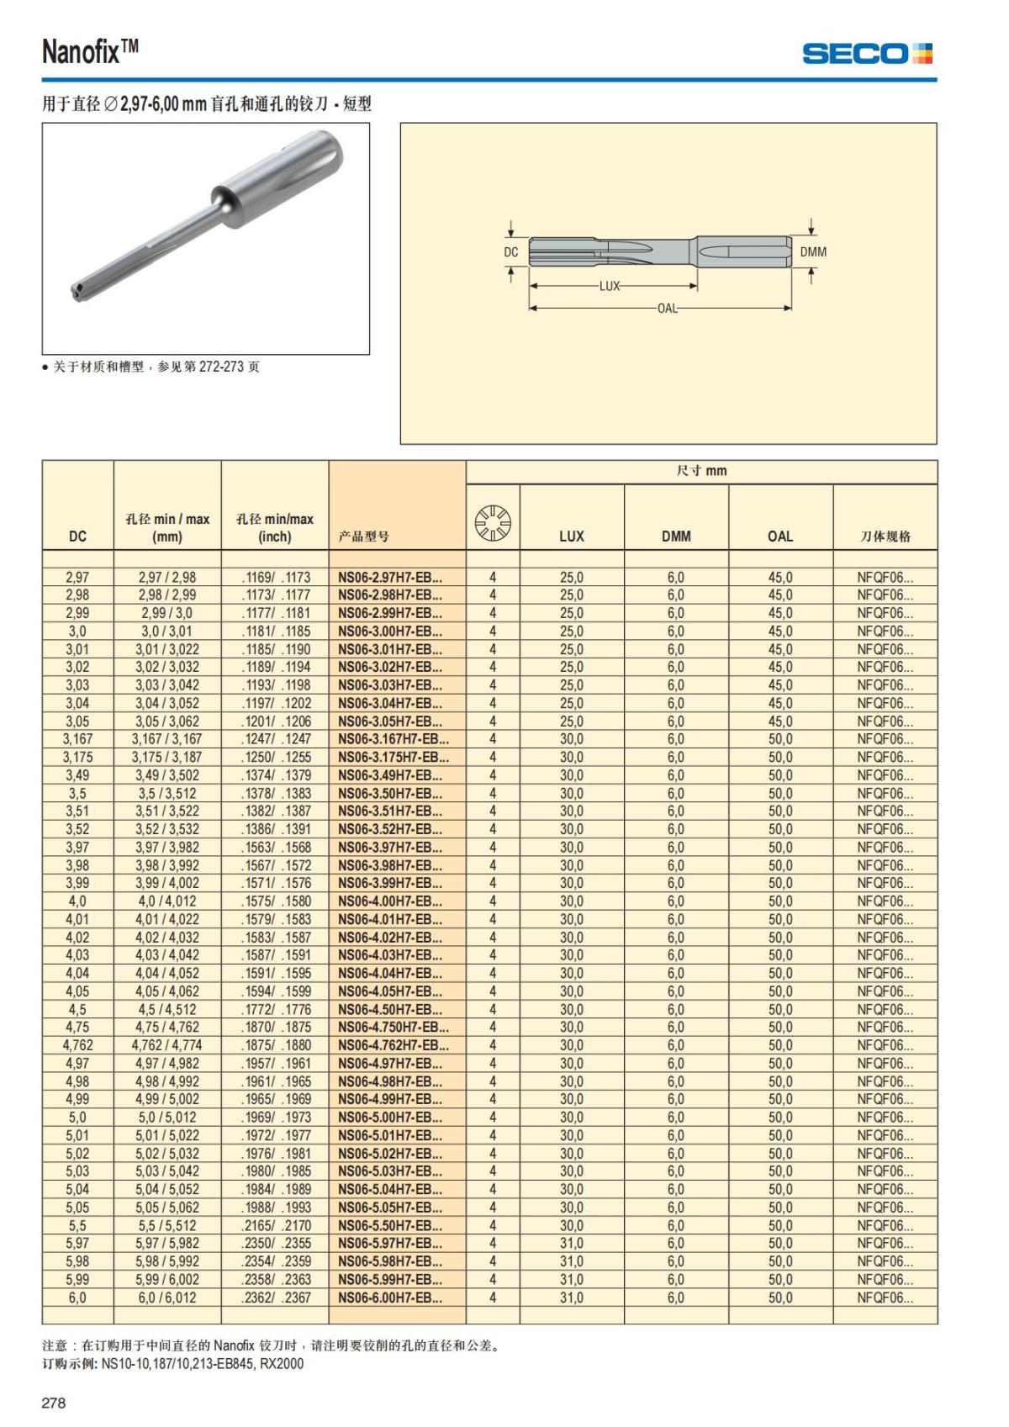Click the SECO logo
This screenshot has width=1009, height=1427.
tap(868, 54)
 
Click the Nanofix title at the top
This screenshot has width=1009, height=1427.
tap(90, 52)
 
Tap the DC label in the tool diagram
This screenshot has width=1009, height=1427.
tap(511, 252)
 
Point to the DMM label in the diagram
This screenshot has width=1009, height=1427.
tap(813, 252)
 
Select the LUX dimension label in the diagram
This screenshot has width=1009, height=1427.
tap(610, 286)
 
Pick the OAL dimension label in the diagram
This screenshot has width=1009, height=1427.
tap(668, 308)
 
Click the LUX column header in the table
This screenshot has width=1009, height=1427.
tap(572, 536)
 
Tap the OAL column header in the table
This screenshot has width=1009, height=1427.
tap(780, 536)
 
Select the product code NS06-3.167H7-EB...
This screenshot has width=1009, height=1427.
tap(394, 739)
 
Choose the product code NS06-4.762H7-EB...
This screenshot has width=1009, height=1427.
tap(394, 1045)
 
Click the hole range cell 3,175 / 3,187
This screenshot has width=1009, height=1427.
tap(167, 757)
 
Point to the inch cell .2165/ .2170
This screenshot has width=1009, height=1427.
tap(276, 1225)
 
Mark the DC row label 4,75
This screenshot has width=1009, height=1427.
tap(77, 1027)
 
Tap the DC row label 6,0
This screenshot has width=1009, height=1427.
tap(77, 1298)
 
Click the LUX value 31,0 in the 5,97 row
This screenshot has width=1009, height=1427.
tap(572, 1243)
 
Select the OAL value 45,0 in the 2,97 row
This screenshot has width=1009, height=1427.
tap(780, 577)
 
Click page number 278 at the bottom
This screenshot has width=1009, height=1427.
tap(54, 1403)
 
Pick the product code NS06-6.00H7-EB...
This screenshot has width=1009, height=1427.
tap(390, 1298)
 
